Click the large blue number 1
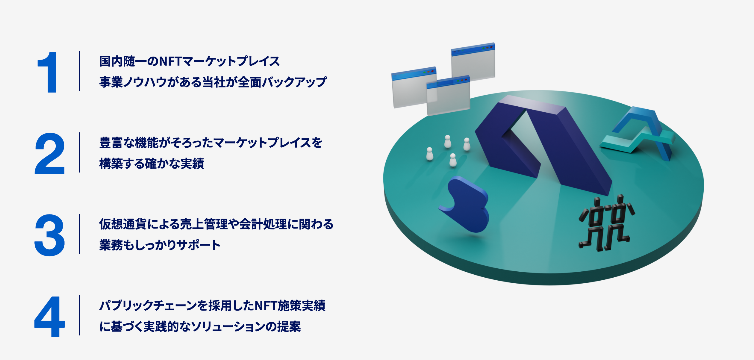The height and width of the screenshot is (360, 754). pos(48,72)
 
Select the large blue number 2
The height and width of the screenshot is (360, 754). pos(50,154)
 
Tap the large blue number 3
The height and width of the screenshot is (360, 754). pos(50,235)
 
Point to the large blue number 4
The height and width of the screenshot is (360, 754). pos(50,317)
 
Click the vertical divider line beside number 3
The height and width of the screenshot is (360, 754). pos(79,234)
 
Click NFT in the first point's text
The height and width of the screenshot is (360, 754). pos(170,61)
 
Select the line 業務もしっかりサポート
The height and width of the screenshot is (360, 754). pos(160,245)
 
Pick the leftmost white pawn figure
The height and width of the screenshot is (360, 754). pos(430,154)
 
